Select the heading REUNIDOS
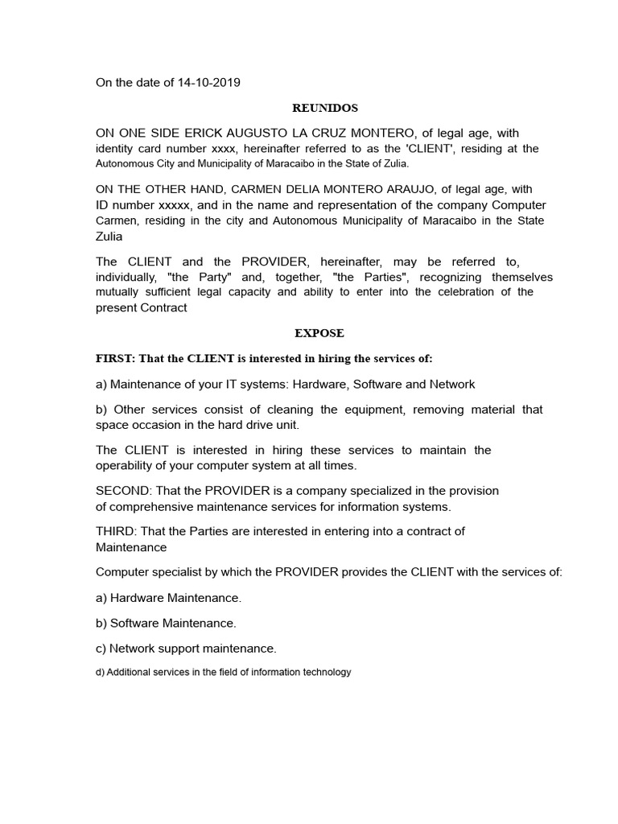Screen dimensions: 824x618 324,108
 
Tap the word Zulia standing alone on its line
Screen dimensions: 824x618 109,237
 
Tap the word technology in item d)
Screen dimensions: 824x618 326,672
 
